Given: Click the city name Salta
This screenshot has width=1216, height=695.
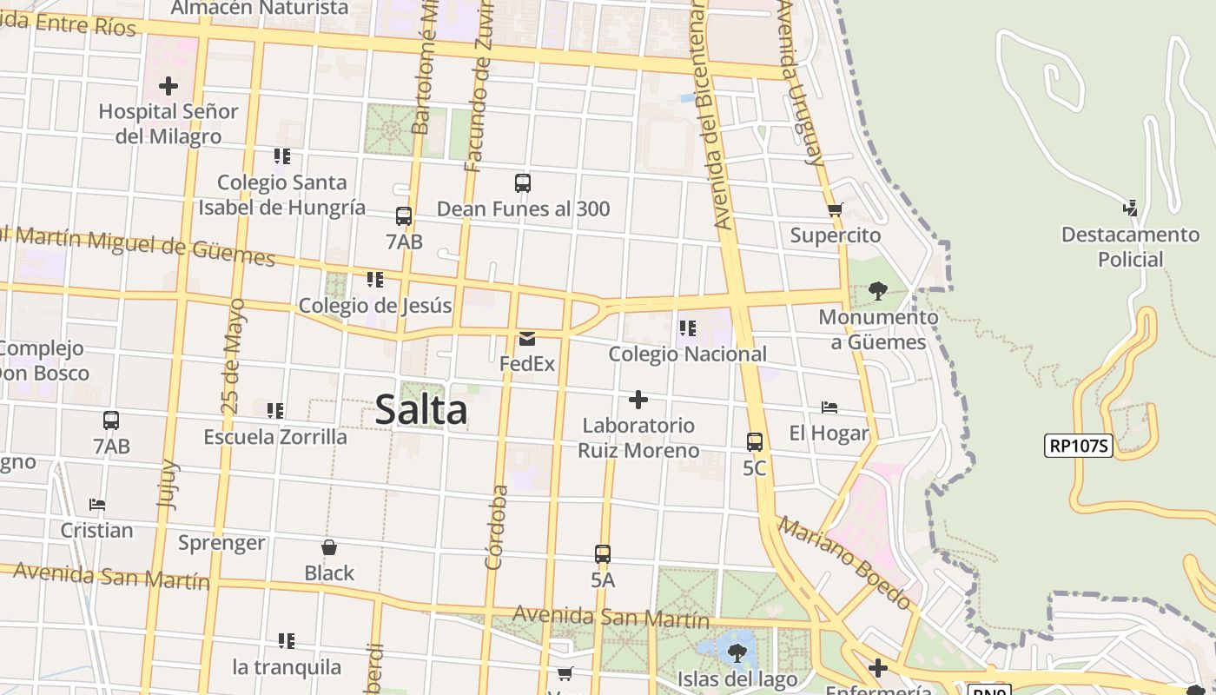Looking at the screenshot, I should click(421, 410).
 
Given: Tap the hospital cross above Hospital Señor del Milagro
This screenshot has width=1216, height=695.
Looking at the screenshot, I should click(169, 86).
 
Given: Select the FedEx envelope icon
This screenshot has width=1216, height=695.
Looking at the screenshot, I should click(527, 338).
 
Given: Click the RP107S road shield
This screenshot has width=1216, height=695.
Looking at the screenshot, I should click(1080, 446).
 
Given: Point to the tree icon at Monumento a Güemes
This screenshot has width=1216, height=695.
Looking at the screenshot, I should click(877, 290).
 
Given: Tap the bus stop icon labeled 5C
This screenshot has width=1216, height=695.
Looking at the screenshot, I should click(755, 441).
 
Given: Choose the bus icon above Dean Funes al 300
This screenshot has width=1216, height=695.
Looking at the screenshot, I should click(522, 183).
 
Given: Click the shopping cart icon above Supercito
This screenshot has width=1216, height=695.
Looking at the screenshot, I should click(836, 209).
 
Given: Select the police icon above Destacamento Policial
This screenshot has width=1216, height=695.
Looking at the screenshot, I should click(1130, 208).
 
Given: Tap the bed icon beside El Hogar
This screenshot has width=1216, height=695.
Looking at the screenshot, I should click(829, 407).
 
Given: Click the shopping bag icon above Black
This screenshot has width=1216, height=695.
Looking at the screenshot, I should click(329, 547).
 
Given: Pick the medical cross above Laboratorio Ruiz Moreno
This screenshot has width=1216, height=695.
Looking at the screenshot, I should click(638, 400).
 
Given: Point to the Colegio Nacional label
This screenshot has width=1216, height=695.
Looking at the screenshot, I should click(687, 354).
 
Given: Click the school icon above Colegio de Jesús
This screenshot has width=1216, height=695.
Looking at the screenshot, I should click(375, 280).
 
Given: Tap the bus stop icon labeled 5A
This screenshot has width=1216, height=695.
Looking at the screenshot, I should click(603, 553).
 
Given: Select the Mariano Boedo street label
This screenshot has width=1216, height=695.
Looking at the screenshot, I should click(844, 563).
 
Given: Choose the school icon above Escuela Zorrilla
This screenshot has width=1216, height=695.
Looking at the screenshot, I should click(275, 410).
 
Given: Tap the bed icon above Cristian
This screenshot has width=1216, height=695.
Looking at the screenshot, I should click(96, 504).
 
